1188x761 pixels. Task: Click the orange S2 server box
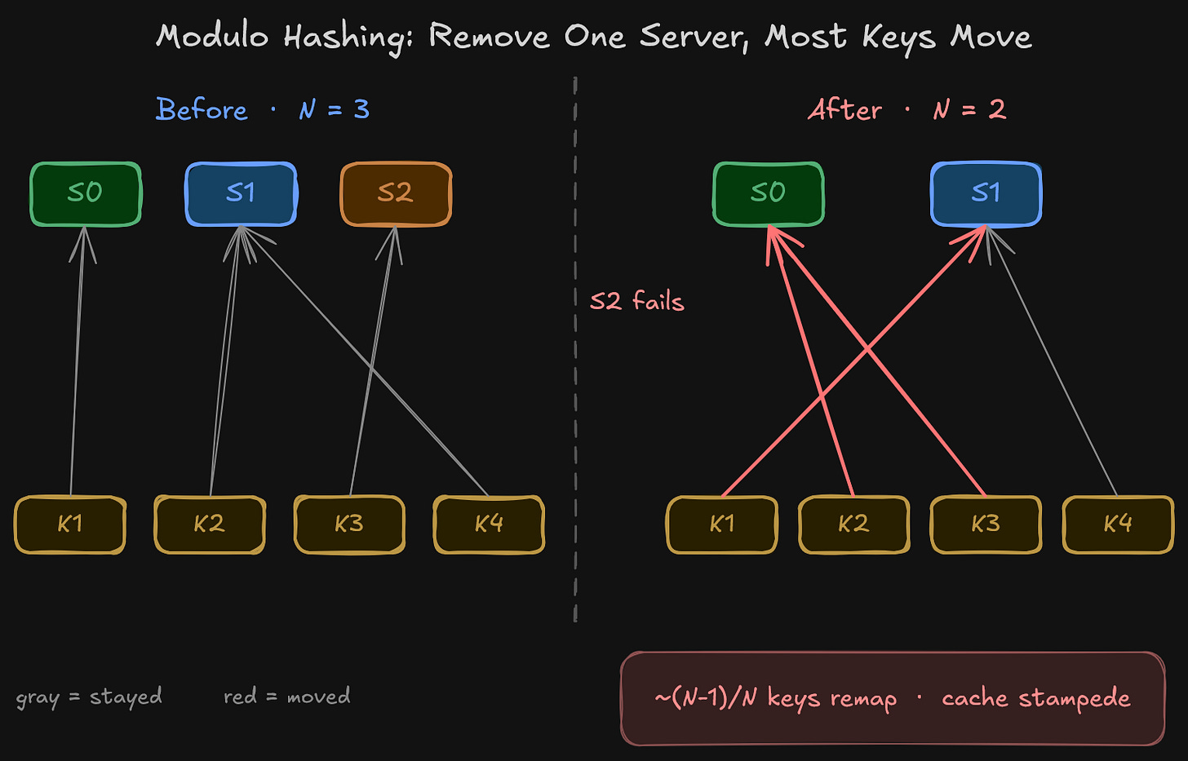(396, 193)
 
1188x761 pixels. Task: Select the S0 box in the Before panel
(86, 193)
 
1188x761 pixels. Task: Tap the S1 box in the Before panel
(241, 193)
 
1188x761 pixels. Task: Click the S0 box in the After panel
(769, 193)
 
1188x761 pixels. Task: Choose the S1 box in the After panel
(986, 193)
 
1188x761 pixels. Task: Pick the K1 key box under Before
(70, 524)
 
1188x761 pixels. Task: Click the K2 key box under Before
(210, 524)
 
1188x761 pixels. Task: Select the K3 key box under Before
(349, 524)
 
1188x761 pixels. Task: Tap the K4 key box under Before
(489, 524)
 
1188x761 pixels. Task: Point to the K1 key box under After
(722, 524)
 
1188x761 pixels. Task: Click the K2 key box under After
(853, 524)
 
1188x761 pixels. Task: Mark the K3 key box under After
(986, 524)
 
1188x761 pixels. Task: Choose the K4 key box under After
(1118, 524)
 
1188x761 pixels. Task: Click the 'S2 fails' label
(636, 302)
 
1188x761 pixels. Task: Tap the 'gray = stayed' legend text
(89, 697)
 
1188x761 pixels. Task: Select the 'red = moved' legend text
(286, 697)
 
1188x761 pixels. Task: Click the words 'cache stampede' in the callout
(1035, 698)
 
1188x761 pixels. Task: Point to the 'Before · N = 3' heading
(262, 109)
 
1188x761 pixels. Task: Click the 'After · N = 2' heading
(907, 109)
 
